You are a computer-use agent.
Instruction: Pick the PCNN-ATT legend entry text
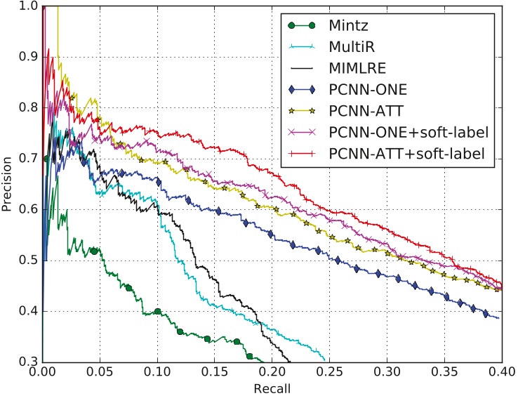(x=364, y=110)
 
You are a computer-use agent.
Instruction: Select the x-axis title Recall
(x=272, y=387)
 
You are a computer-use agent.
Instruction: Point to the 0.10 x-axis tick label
(x=157, y=371)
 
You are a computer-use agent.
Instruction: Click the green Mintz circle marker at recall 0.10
(x=157, y=311)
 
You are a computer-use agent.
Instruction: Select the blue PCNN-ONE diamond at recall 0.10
(x=159, y=182)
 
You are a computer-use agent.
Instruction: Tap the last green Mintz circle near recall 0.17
(x=237, y=341)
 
